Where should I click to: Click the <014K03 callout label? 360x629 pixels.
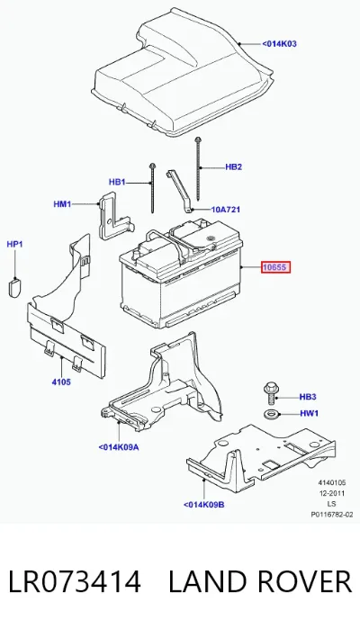[x=279, y=44]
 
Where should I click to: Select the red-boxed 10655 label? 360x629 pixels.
[x=275, y=267]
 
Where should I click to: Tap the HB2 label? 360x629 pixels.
[x=234, y=166]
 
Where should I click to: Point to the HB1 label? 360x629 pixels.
[x=117, y=182]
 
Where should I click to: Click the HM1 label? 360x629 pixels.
[x=62, y=204]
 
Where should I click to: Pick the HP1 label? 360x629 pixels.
[x=14, y=244]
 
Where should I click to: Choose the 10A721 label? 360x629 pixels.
[x=226, y=210]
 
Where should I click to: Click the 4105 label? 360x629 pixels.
[x=61, y=382]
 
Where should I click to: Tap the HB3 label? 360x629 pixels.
[x=308, y=397]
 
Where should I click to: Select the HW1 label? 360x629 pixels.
[x=309, y=413]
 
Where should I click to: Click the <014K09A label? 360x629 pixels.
[x=119, y=447]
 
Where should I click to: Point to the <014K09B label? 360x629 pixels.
[x=204, y=505]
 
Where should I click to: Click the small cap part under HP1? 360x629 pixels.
[x=14, y=287]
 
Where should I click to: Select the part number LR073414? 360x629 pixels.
[x=75, y=581]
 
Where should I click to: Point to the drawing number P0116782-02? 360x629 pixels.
[x=332, y=515]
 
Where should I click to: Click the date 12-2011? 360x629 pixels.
[x=332, y=493]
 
